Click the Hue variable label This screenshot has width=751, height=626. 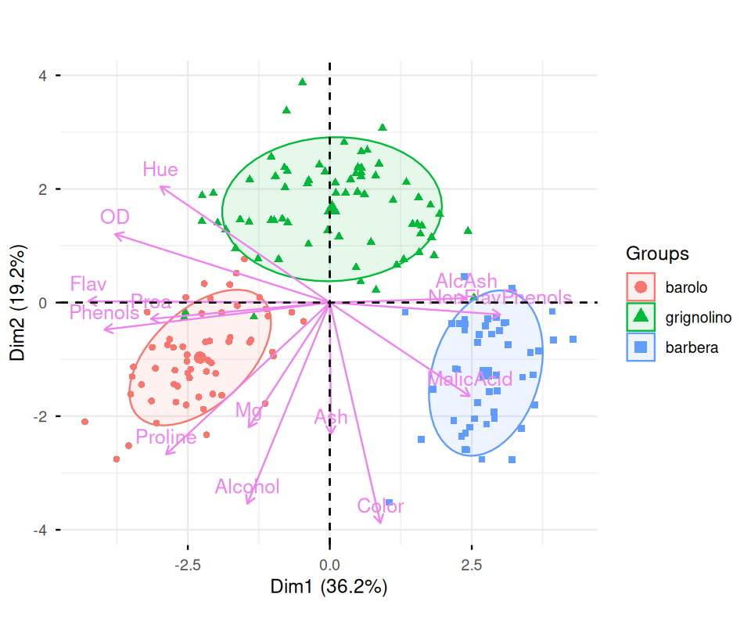(160, 170)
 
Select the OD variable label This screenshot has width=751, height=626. (115, 217)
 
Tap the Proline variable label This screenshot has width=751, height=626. (166, 437)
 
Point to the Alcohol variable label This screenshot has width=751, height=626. (247, 487)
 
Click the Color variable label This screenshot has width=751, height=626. (380, 506)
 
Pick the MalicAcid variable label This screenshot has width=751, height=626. (469, 380)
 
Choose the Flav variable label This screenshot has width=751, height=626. (88, 284)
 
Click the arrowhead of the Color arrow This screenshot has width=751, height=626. (381, 523)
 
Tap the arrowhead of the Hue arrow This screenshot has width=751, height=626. (160, 186)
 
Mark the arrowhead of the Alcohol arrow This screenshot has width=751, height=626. (247, 504)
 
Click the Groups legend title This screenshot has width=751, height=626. (657, 254)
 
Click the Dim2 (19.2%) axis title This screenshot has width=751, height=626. (19, 303)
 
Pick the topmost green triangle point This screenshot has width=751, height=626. (302, 81)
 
